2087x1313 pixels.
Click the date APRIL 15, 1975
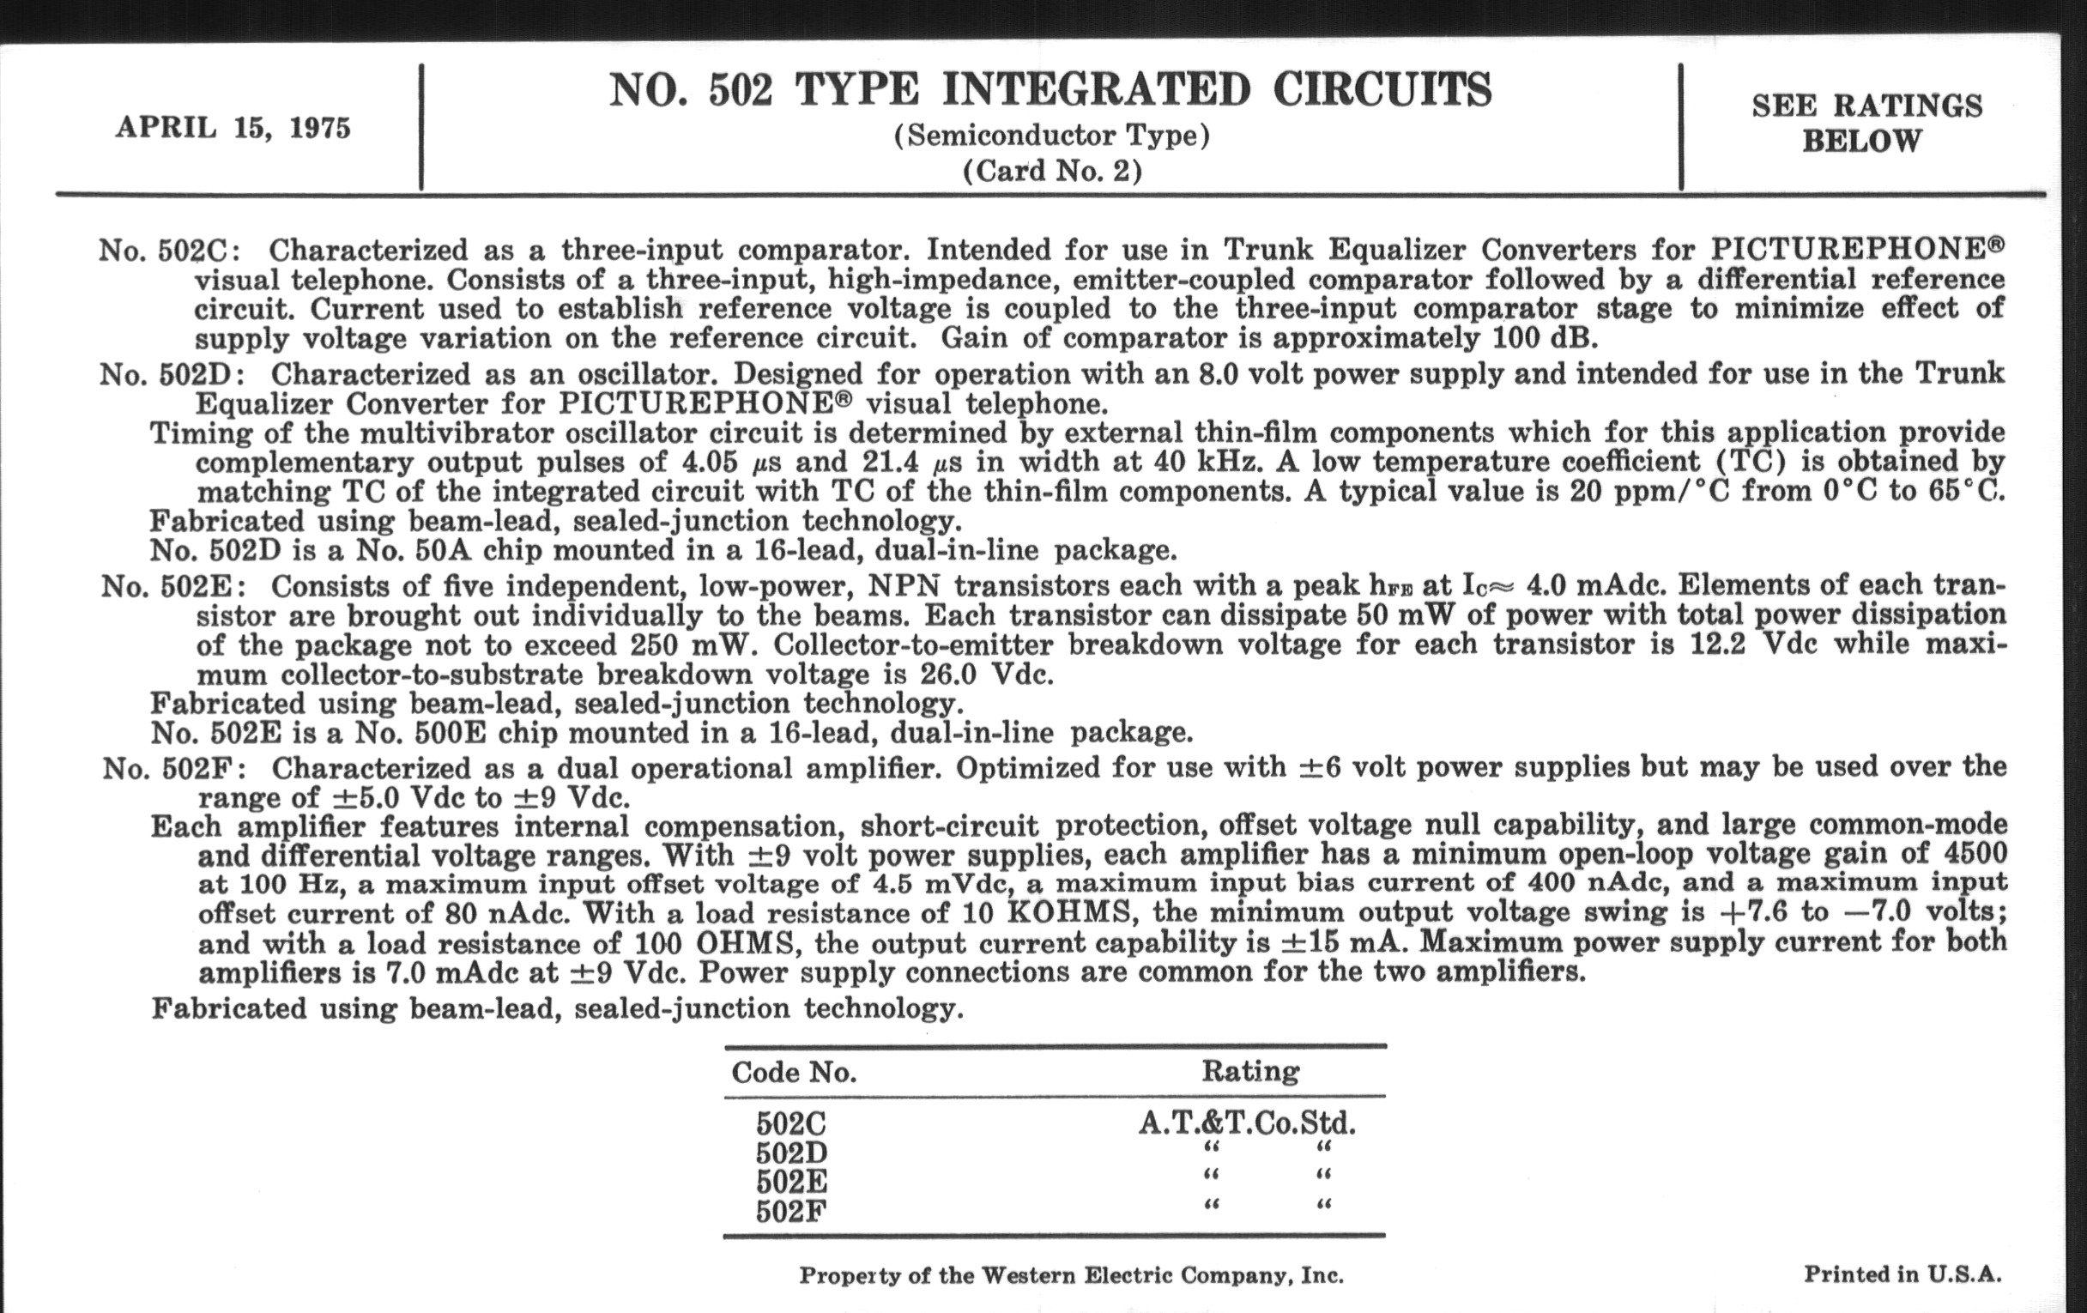pyautogui.click(x=233, y=128)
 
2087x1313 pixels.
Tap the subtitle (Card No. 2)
pyautogui.click(x=1051, y=171)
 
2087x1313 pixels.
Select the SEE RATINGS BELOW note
pyautogui.click(x=1866, y=123)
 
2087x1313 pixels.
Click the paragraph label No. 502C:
pyautogui.click(x=171, y=251)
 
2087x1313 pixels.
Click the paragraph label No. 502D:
pyautogui.click(x=172, y=375)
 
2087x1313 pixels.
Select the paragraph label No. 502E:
pyautogui.click(x=173, y=587)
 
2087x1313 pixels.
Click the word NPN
pyautogui.click(x=904, y=586)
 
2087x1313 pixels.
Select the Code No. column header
pyautogui.click(x=794, y=1073)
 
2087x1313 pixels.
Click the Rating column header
pyautogui.click(x=1249, y=1072)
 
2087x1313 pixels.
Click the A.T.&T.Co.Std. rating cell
pyautogui.click(x=1246, y=1124)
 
